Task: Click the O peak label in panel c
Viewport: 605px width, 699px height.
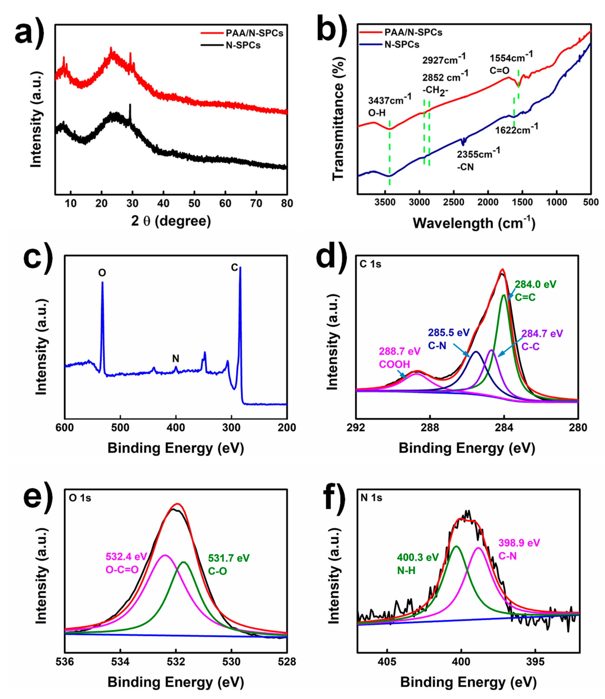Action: pos(102,273)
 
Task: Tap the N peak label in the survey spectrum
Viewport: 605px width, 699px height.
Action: pos(175,358)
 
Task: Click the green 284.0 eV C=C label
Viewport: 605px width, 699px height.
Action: pos(535,291)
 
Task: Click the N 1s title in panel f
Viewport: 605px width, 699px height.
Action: pos(371,498)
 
